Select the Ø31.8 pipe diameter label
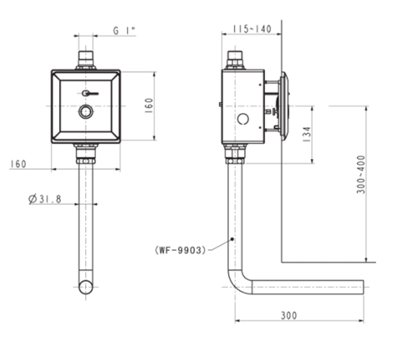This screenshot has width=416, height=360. pos(45,199)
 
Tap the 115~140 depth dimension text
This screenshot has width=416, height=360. pos(251,29)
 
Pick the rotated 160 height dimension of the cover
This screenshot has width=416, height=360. pos(149,105)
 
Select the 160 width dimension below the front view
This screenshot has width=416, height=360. pos(19,164)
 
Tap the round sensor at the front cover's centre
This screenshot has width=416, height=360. pos(85,112)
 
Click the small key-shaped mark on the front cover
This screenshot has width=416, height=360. pos(86,93)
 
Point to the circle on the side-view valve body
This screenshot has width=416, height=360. pos(242,119)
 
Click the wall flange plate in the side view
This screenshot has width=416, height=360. pos(284,105)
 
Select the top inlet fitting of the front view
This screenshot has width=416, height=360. pos(85,59)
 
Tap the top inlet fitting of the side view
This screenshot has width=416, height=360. pos(236,59)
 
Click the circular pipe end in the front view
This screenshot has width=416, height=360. pos(85,286)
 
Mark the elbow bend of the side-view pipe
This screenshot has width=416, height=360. pos(238,283)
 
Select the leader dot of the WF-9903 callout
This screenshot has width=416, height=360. pos(232,239)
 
